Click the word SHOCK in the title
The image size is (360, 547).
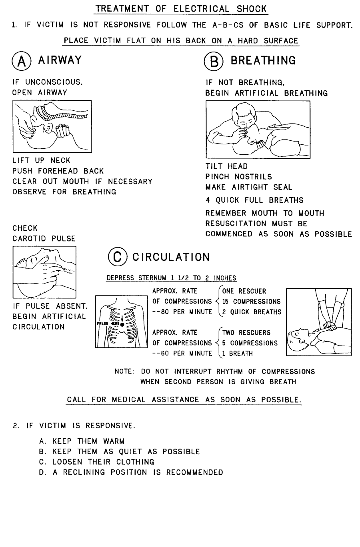point(251,9)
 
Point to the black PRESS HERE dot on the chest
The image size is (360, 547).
point(122,324)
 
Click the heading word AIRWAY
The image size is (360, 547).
point(60,60)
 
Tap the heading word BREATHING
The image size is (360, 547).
point(263,61)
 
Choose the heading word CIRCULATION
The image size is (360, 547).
point(171,257)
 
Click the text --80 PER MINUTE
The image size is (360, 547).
point(182,312)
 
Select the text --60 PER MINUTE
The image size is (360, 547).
point(182,353)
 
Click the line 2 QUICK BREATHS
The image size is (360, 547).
point(252,312)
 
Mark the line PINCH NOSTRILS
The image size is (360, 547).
point(238,177)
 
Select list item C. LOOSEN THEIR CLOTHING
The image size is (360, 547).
point(96,462)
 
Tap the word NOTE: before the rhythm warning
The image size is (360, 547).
point(124,372)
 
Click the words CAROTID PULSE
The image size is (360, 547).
point(44,239)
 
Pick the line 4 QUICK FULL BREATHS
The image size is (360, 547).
point(254,200)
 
